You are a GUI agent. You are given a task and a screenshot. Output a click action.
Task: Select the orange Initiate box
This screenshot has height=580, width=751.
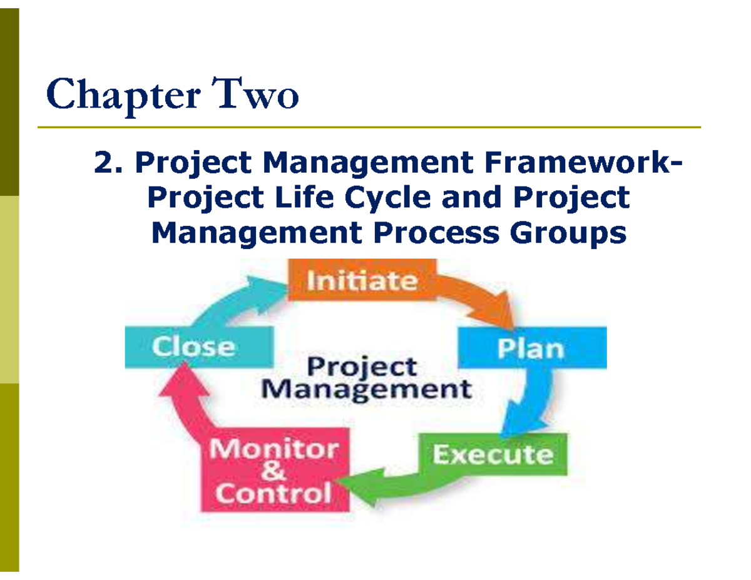(x=362, y=280)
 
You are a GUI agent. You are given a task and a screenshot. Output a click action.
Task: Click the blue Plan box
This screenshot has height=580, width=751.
(x=531, y=348)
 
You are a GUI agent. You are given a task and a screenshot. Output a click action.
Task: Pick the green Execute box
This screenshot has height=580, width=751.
(x=493, y=454)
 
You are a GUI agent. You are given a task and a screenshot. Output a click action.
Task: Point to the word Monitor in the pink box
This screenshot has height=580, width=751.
(x=273, y=449)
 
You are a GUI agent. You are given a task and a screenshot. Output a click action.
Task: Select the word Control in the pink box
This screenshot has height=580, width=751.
(x=273, y=494)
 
